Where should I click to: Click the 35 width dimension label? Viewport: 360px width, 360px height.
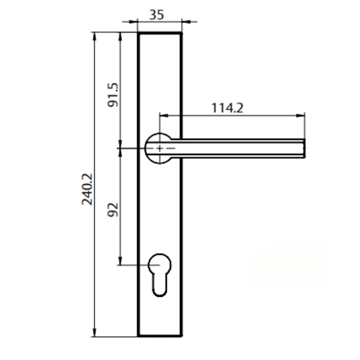[157, 15]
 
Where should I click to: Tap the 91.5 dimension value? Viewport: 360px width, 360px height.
[113, 95]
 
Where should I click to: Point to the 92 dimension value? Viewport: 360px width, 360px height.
[113, 209]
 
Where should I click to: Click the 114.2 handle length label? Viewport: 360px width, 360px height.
[227, 108]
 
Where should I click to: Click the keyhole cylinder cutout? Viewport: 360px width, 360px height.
[159, 274]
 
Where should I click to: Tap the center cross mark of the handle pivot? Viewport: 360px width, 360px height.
[160, 148]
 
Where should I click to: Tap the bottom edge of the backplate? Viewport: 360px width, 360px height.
[160, 336]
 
